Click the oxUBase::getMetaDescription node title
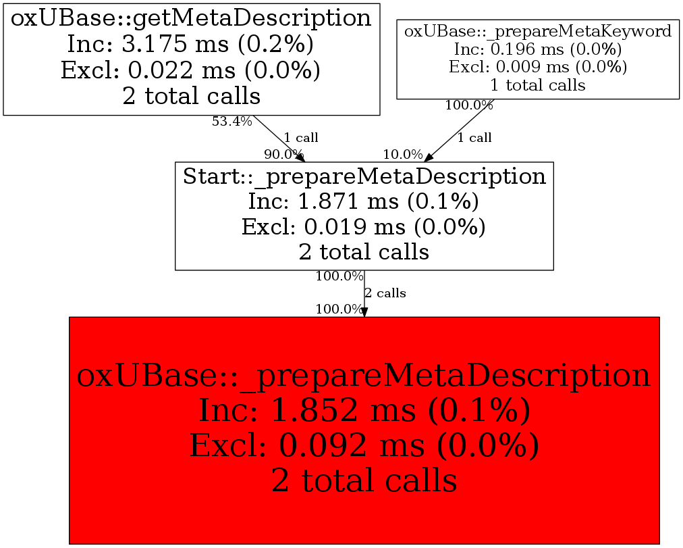(191, 18)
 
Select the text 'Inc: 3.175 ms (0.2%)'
(191, 44)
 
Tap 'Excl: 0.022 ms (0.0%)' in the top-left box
(191, 70)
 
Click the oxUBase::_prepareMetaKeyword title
(538, 31)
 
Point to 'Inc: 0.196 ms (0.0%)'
(538, 49)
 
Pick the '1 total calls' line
(538, 85)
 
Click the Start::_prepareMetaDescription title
(364, 176)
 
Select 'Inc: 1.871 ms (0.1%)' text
(364, 201)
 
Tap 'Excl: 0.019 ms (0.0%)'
(364, 226)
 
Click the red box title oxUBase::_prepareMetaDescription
(364, 376)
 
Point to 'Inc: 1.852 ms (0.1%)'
(364, 411)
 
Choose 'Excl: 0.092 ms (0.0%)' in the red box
(364, 446)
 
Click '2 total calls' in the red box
(364, 480)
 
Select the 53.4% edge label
(231, 122)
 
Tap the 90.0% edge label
(283, 154)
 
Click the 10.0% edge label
(403, 154)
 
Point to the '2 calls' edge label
(385, 293)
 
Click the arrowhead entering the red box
(364, 312)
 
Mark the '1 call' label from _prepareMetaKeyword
(474, 138)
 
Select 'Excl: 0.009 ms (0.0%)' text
(538, 67)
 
